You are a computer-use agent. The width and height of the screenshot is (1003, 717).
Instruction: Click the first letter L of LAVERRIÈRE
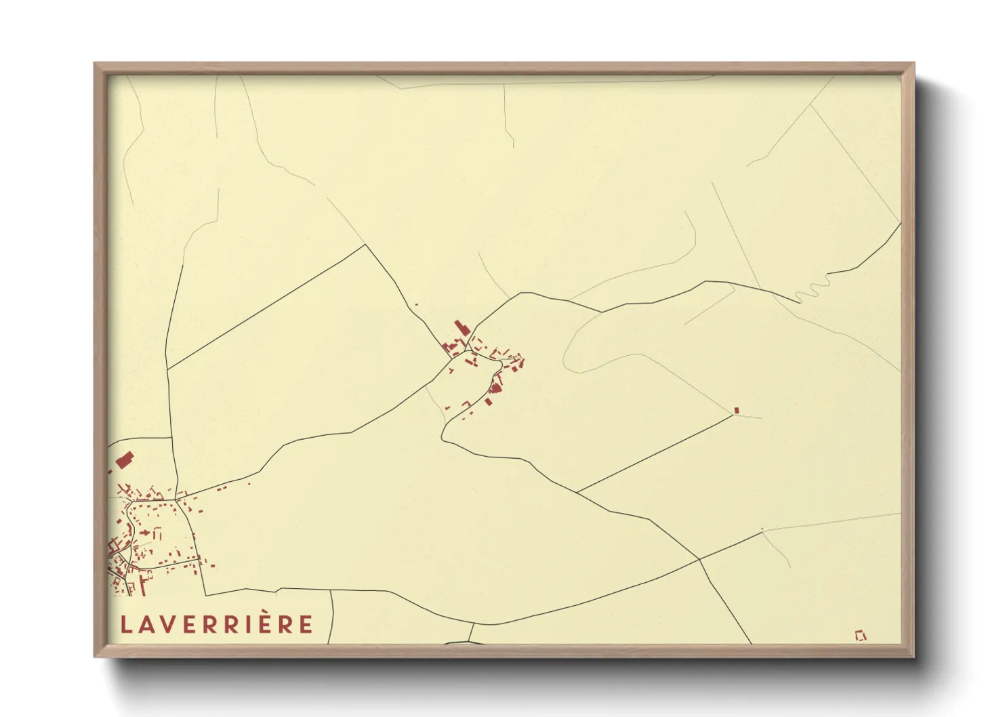[x=125, y=624]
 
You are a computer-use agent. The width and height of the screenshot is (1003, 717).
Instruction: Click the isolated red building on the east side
[x=736, y=410]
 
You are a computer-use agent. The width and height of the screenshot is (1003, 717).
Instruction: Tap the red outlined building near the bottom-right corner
[x=861, y=636]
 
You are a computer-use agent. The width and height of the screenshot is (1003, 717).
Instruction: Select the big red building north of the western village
[x=123, y=461]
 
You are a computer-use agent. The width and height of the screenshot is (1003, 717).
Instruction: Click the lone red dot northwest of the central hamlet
[x=416, y=305]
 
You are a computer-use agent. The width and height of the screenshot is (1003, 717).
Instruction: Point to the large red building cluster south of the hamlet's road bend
[x=495, y=388]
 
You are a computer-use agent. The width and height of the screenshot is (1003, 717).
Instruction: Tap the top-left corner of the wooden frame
[x=95, y=64]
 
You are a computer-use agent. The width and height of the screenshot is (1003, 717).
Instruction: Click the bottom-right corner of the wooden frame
[x=914, y=656]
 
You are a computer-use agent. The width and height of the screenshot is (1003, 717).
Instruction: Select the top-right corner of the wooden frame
[x=914, y=64]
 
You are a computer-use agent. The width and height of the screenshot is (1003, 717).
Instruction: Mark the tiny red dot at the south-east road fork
[x=762, y=529]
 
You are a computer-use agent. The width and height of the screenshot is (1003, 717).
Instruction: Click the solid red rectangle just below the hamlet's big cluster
[x=488, y=402]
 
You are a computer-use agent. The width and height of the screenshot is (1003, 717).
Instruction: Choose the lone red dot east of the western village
[x=249, y=483]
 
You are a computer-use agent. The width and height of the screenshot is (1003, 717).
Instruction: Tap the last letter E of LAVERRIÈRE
[x=306, y=624]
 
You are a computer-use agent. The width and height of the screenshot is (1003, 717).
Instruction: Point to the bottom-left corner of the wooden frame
[x=95, y=656]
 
